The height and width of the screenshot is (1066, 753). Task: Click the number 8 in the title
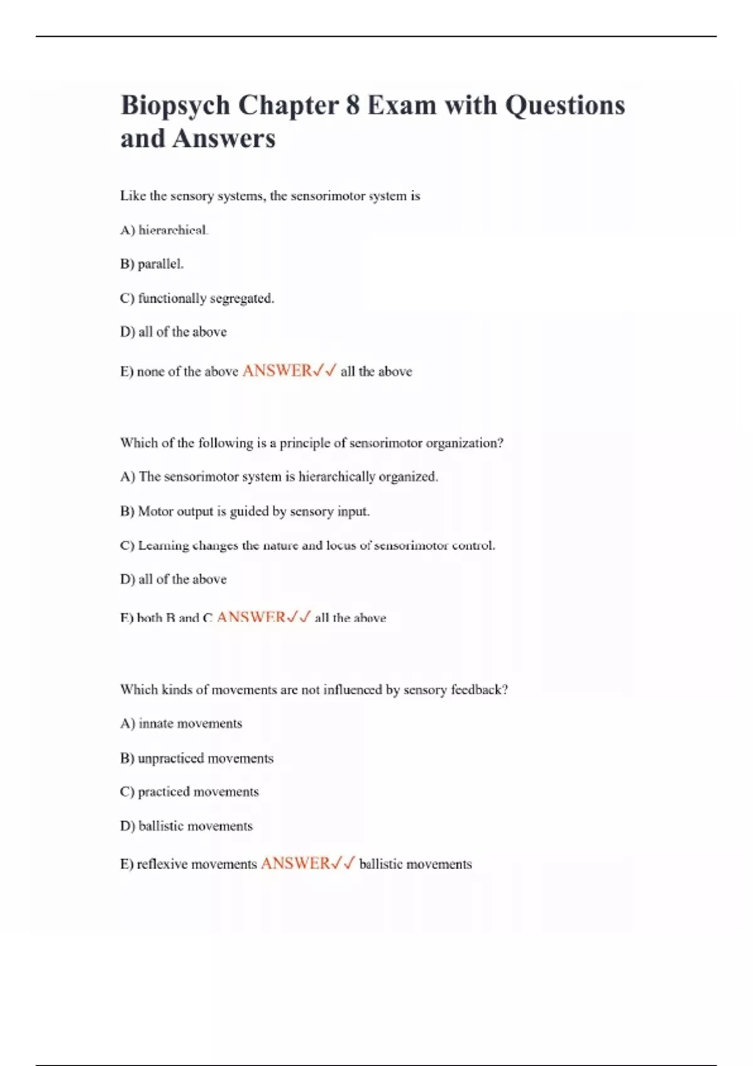tap(352, 105)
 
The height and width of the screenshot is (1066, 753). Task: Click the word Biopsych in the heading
tap(175, 105)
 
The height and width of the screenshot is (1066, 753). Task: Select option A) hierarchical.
tap(164, 230)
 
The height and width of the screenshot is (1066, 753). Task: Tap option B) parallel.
tap(152, 264)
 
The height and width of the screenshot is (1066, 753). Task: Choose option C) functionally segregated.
tap(197, 298)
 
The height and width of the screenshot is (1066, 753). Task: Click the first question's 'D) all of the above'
tap(173, 332)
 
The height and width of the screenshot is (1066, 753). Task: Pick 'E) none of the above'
tap(179, 371)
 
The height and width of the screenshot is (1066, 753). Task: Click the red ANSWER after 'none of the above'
tap(277, 371)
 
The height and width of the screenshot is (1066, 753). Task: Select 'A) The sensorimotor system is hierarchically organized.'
tap(279, 477)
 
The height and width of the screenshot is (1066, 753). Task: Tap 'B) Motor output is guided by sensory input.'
tap(245, 511)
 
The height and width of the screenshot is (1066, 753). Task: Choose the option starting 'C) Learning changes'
tap(307, 546)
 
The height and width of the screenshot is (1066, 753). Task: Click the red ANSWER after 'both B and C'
tap(251, 617)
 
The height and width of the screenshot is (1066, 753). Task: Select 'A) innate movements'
tap(181, 724)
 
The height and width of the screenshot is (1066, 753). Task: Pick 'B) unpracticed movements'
tap(196, 758)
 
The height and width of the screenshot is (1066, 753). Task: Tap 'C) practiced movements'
tap(189, 792)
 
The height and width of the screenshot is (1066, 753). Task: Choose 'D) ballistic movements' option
tap(186, 826)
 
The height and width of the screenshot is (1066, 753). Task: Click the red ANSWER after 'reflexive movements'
tap(295, 863)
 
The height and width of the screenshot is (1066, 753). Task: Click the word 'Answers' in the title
tap(223, 139)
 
